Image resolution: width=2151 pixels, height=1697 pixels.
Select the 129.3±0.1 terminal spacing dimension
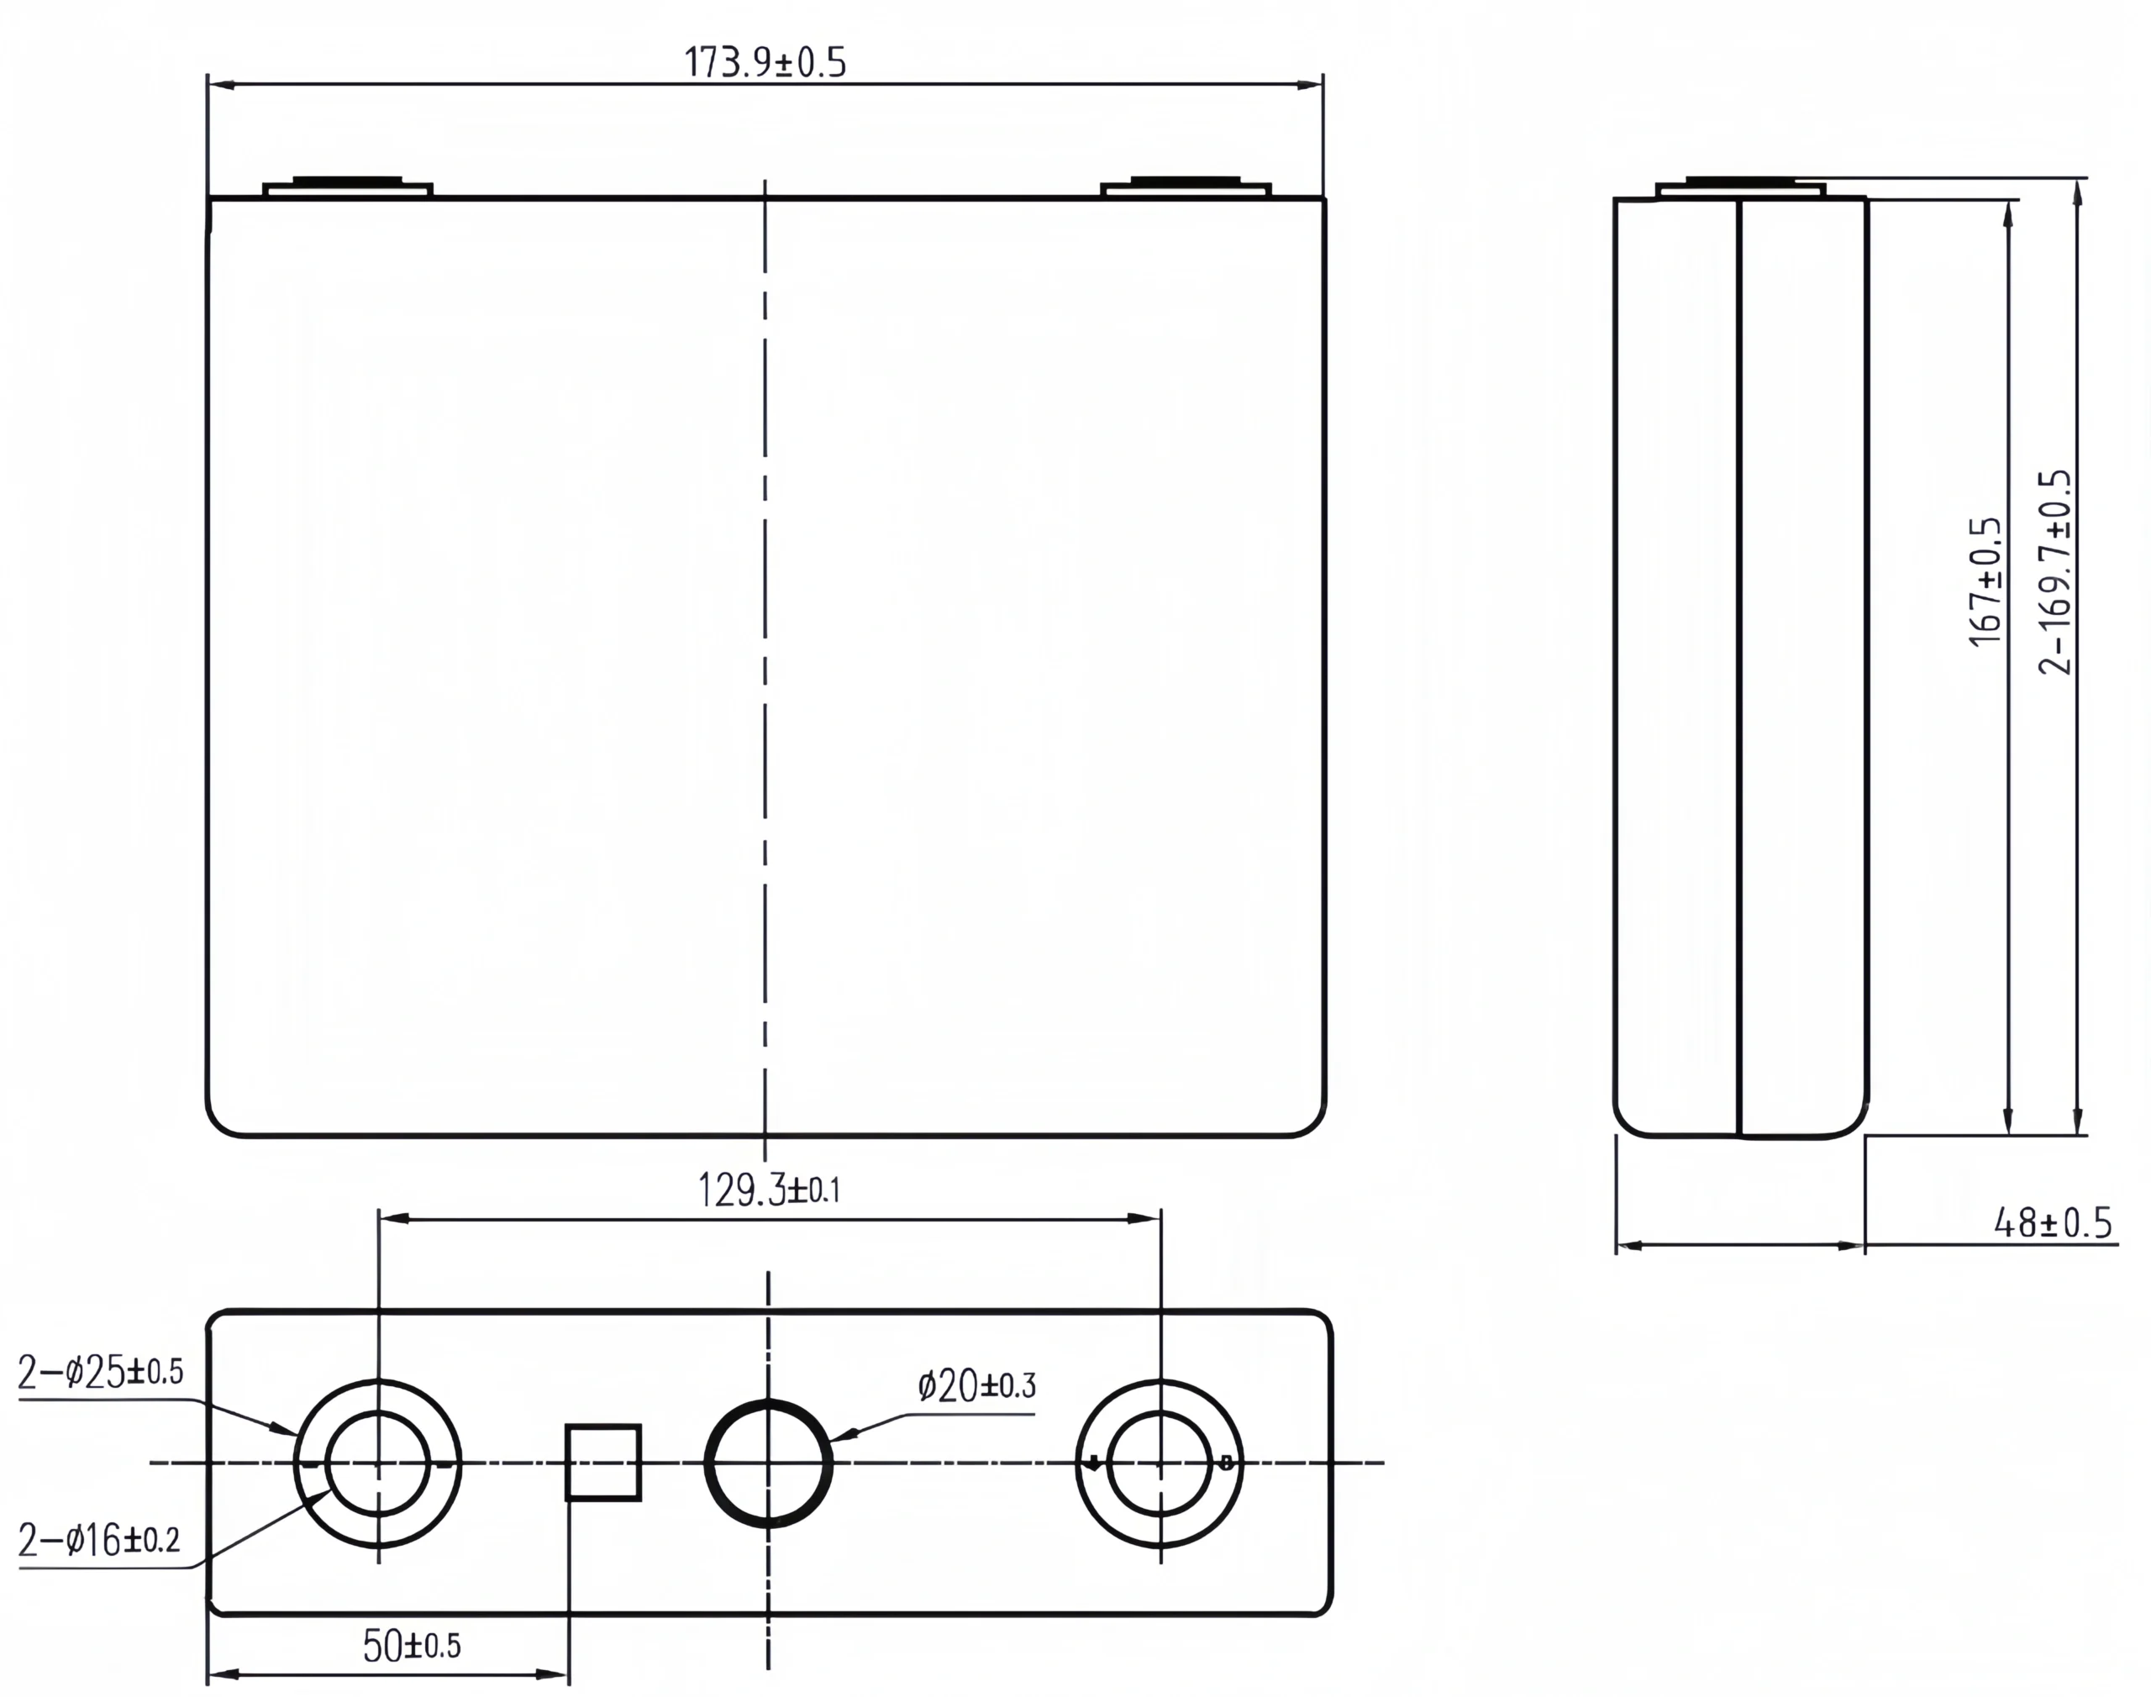click(769, 1190)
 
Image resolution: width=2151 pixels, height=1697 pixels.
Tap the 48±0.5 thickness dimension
click(2053, 1223)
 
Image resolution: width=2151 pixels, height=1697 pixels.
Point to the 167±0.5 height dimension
click(1985, 582)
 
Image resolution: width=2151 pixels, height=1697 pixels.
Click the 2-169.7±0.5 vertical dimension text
click(2054, 573)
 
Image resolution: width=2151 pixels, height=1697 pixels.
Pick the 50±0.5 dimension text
click(412, 1647)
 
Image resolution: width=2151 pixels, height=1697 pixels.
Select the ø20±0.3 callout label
click(976, 1386)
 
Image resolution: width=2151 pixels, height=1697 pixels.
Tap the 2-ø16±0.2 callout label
click(99, 1541)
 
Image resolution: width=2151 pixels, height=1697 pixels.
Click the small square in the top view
click(603, 1463)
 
